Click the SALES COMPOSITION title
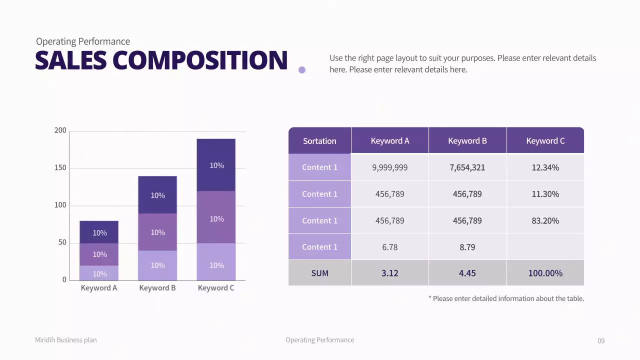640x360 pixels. (161, 60)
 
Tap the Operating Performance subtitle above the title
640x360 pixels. (83, 41)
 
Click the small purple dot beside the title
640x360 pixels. (302, 70)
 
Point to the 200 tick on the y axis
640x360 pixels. (60, 130)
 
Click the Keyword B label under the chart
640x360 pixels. (157, 288)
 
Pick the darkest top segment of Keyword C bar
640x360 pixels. (216, 165)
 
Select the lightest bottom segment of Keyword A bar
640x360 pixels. (99, 273)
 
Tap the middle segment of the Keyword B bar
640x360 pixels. (157, 232)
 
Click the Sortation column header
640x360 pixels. (319, 141)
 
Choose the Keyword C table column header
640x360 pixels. (545, 141)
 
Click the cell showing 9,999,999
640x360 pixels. (389, 167)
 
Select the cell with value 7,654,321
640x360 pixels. (467, 167)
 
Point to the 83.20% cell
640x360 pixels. (545, 220)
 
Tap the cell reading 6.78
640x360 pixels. (389, 247)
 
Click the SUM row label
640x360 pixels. (319, 273)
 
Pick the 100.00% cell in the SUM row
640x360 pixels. (545, 273)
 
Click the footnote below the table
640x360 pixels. (506, 298)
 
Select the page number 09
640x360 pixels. (601, 341)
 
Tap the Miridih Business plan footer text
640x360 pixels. (66, 340)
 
